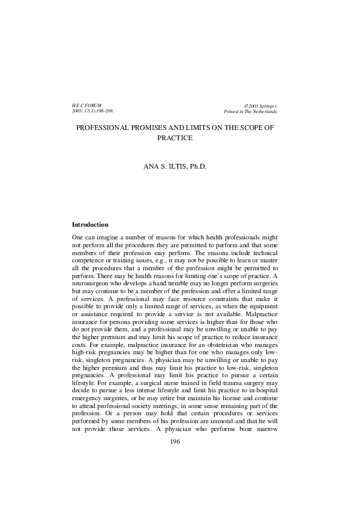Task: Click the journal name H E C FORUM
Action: (x=87, y=105)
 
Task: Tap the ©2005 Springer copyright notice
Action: (x=260, y=105)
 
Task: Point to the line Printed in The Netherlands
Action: (x=250, y=112)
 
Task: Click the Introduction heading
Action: (x=90, y=225)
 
